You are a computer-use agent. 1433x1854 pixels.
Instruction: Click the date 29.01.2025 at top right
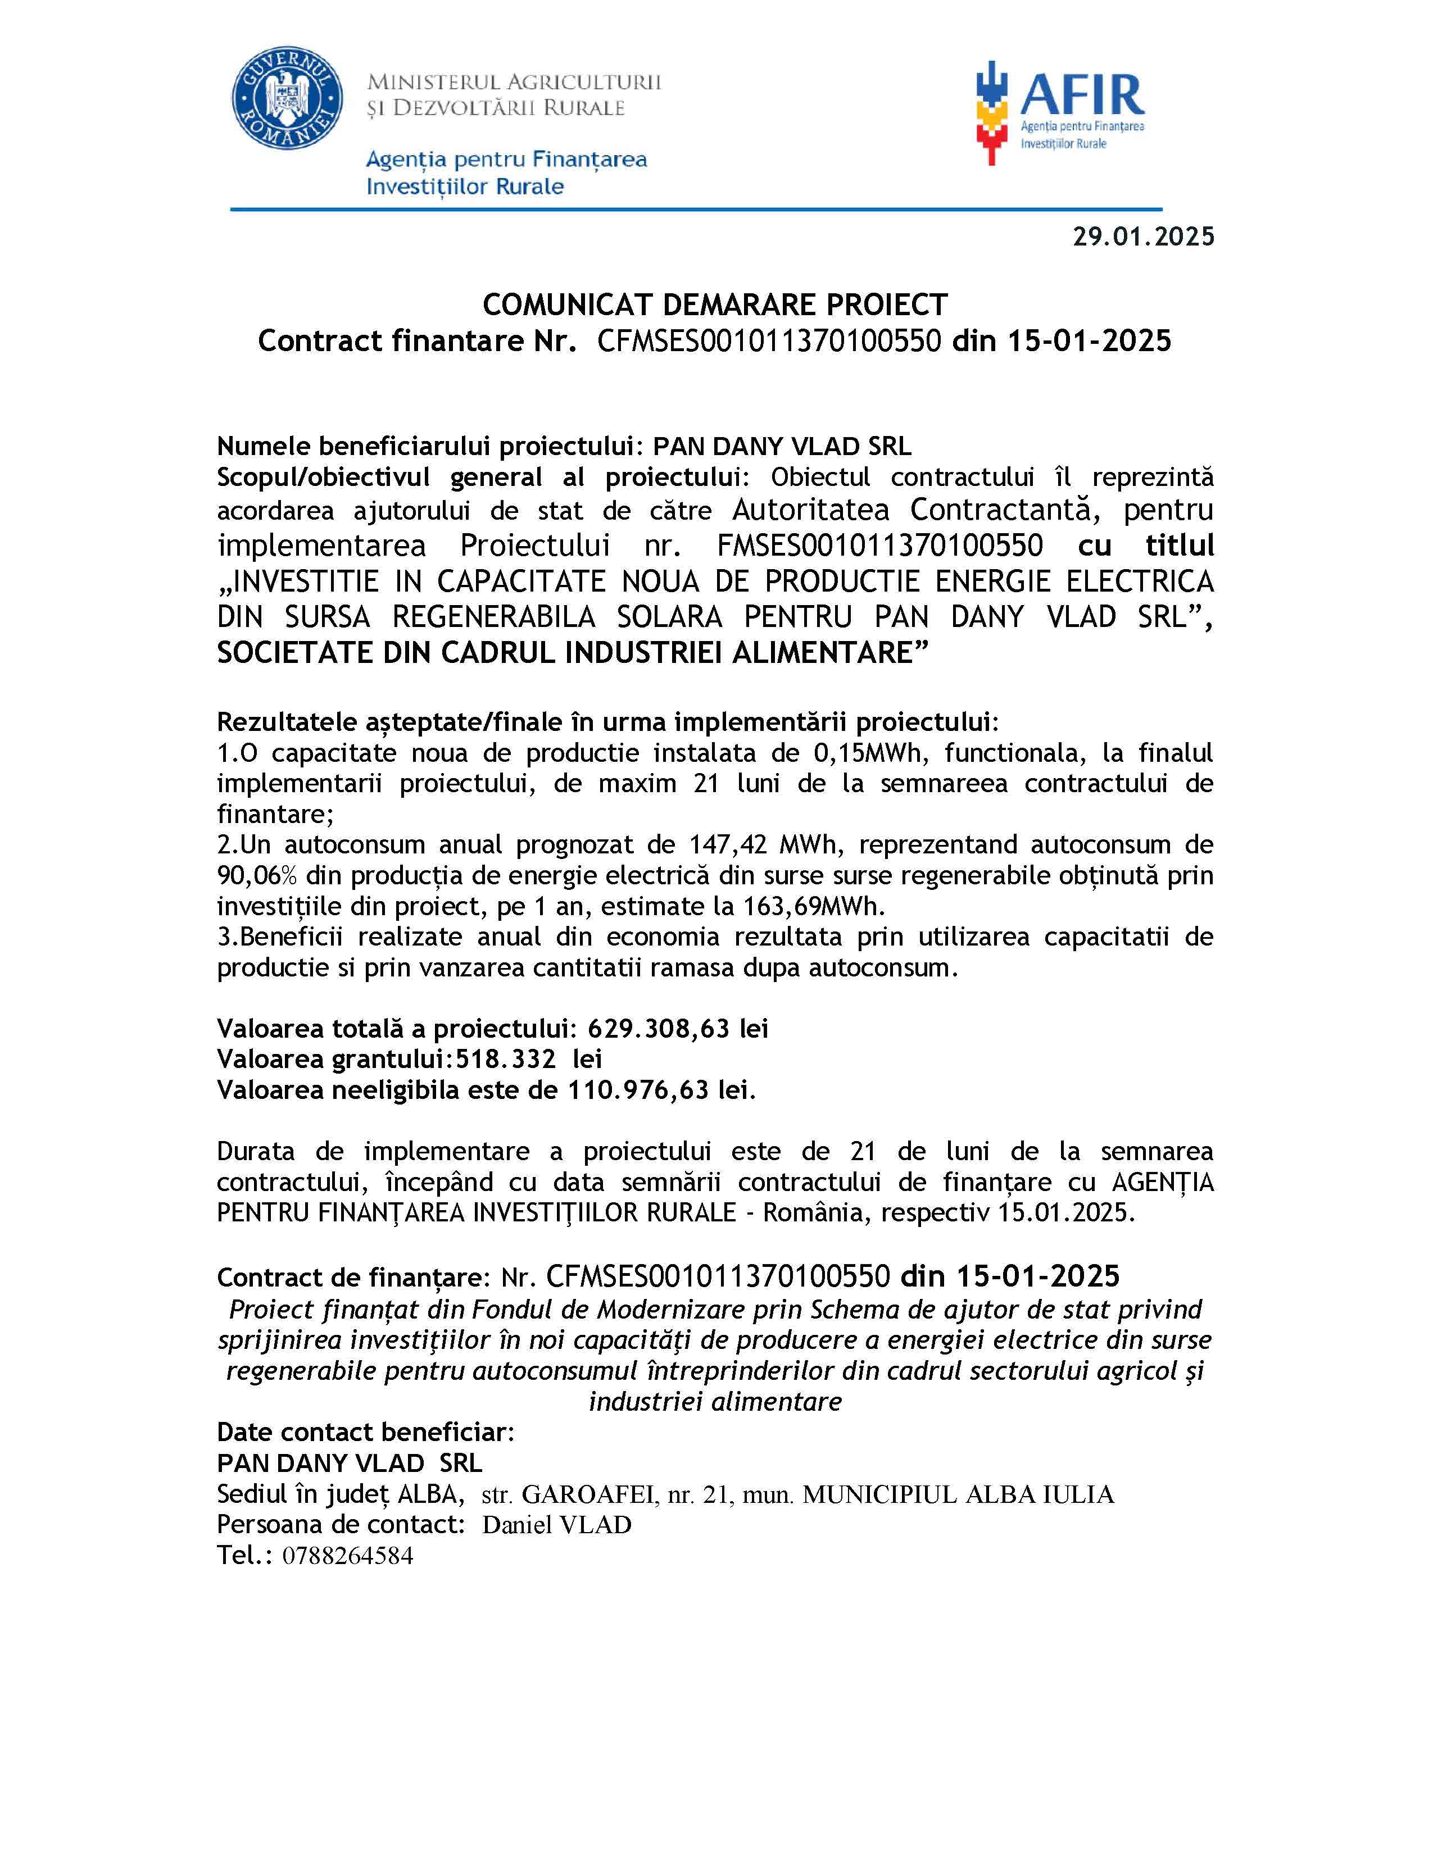[x=1142, y=236]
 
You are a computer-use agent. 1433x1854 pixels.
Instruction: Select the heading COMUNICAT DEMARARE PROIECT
[x=715, y=304]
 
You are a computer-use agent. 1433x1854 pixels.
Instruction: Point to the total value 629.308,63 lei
[x=678, y=1028]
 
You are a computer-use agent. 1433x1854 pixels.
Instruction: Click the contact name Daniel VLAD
[x=557, y=1525]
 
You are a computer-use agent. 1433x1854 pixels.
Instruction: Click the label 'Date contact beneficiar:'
[x=365, y=1432]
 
